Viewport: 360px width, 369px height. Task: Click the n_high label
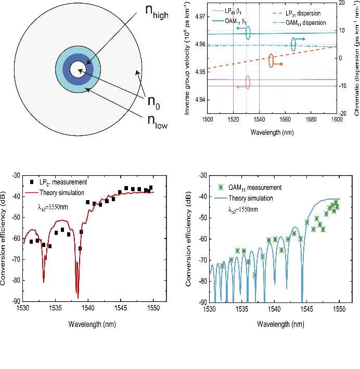(x=158, y=12)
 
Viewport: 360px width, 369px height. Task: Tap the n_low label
(x=158, y=122)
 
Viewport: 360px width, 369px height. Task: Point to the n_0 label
(x=153, y=102)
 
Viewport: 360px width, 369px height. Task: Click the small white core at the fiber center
(x=76, y=69)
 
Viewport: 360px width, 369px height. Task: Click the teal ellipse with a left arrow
(x=248, y=32)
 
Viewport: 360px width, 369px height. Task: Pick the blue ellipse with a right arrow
(x=293, y=45)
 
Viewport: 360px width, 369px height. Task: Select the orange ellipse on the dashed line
(x=271, y=61)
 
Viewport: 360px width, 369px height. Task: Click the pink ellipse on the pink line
(x=248, y=82)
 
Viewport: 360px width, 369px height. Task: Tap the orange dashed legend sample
(x=278, y=12)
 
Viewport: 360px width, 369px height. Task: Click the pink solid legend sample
(x=217, y=10)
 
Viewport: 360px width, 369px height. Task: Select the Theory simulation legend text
(x=251, y=198)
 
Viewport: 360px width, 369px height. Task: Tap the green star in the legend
(x=221, y=188)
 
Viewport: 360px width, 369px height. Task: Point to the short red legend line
(x=32, y=193)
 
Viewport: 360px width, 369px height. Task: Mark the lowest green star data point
(x=254, y=274)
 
